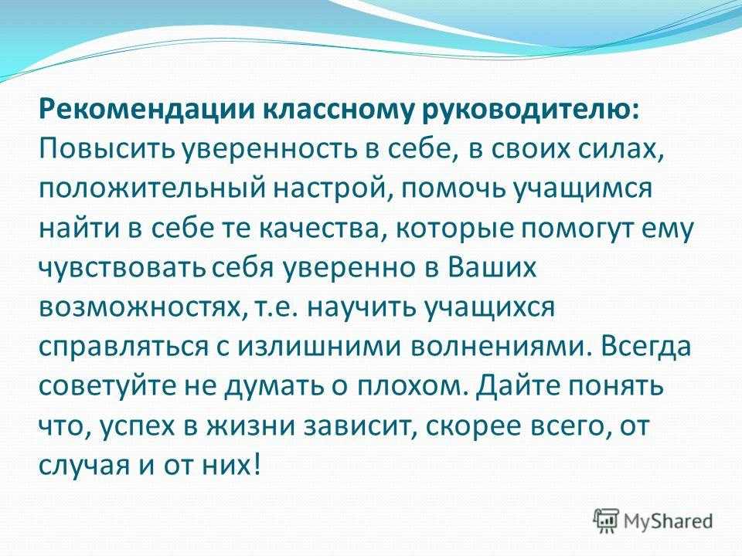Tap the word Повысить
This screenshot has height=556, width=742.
(x=108, y=151)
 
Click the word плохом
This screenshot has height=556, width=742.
(x=411, y=387)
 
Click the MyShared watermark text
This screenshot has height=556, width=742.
(x=668, y=521)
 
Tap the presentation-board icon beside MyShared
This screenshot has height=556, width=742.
(x=606, y=520)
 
